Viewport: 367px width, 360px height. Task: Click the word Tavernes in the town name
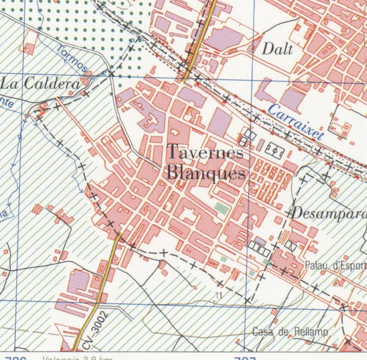(205, 153)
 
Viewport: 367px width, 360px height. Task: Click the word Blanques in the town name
(205, 172)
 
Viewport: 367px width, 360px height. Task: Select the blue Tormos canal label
(73, 59)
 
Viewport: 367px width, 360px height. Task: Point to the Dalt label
(277, 49)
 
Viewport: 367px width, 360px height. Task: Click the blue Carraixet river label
(296, 122)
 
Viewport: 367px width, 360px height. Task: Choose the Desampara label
(328, 213)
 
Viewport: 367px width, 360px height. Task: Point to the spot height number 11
(217, 295)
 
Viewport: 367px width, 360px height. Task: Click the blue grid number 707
(244, 357)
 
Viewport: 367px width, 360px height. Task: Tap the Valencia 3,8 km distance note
(78, 357)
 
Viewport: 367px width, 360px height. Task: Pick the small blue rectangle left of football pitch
(260, 145)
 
